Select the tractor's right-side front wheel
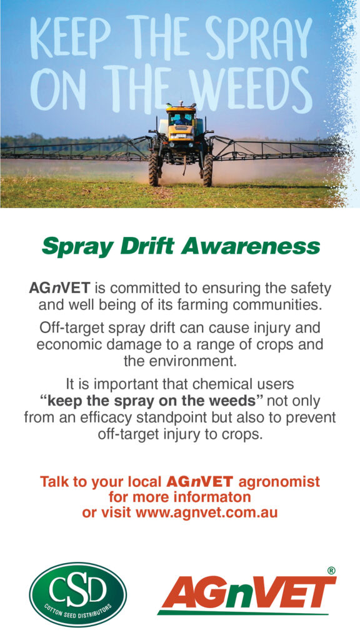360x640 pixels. pyautogui.click(x=207, y=169)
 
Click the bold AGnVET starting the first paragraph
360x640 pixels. pyautogui.click(x=59, y=288)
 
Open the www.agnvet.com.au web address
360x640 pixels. pyautogui.click(x=207, y=512)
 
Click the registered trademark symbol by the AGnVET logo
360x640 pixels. pyautogui.click(x=331, y=571)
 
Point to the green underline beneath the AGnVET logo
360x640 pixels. pyautogui.click(x=243, y=612)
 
